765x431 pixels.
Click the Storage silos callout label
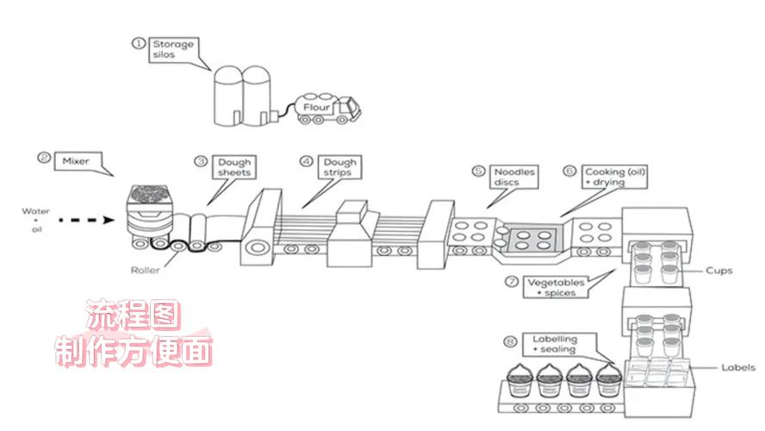(174, 50)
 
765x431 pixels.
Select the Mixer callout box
(78, 161)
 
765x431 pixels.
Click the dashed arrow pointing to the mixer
(86, 220)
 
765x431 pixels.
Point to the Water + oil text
(35, 220)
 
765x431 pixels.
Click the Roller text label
(145, 270)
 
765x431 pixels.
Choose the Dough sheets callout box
(234, 167)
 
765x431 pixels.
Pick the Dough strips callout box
(339, 167)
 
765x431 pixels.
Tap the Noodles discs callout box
(514, 177)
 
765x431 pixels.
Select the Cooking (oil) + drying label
(615, 177)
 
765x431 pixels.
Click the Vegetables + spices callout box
(556, 287)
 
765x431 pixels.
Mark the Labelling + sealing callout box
(555, 344)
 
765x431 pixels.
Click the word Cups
(719, 271)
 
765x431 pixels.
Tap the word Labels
(738, 367)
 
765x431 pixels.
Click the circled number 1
(139, 43)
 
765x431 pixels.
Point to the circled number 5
(478, 172)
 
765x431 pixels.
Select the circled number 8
(510, 341)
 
